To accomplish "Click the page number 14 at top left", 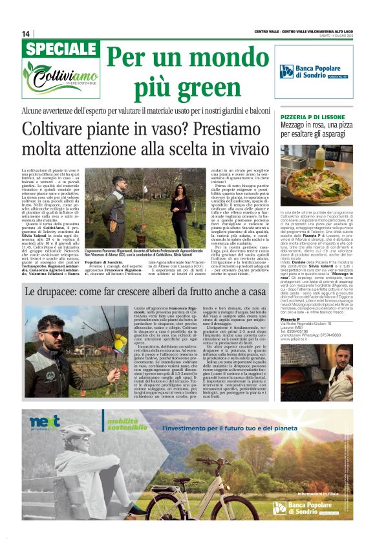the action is [26, 34].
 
